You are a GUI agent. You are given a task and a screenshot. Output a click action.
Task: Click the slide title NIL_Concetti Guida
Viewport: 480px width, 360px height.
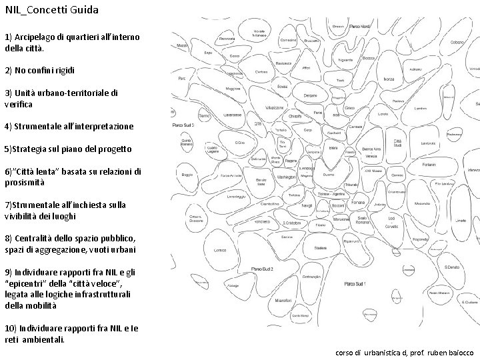tap(51, 10)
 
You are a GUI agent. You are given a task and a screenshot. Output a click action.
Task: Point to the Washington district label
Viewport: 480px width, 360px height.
tap(285, 177)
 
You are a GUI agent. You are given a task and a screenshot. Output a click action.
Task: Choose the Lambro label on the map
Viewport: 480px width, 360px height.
tap(420, 108)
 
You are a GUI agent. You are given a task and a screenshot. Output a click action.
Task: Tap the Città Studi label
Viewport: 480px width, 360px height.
tap(398, 143)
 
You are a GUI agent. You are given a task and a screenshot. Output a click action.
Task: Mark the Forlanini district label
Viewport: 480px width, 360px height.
tap(429, 164)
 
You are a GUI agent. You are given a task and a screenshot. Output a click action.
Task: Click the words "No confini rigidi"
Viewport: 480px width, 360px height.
tap(44, 70)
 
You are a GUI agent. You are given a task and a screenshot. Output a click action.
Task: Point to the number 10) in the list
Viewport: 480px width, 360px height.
tap(11, 329)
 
